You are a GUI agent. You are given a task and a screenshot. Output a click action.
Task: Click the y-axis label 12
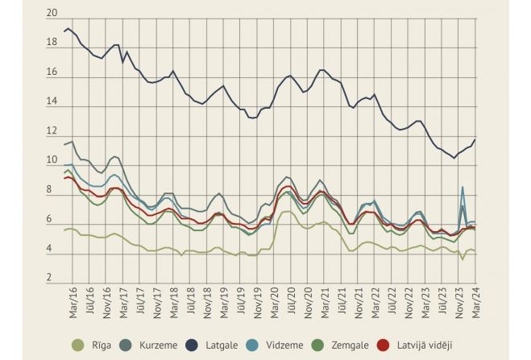52,132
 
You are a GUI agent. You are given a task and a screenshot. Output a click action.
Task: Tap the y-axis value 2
52,279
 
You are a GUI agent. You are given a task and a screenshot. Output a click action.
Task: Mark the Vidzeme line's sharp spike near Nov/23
463,188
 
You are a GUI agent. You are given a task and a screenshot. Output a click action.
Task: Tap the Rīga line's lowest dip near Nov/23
463,259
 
